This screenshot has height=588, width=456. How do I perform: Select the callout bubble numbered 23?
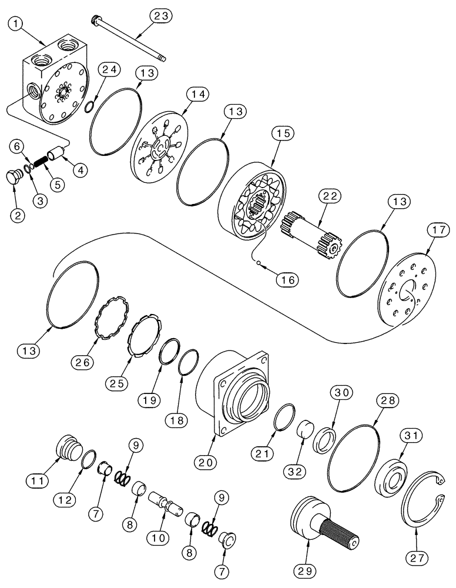160,17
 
